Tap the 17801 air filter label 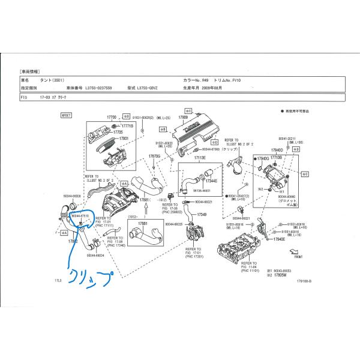coord(124,139)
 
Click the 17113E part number coord(199,157)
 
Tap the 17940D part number coord(277,151)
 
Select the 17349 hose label coord(202,214)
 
